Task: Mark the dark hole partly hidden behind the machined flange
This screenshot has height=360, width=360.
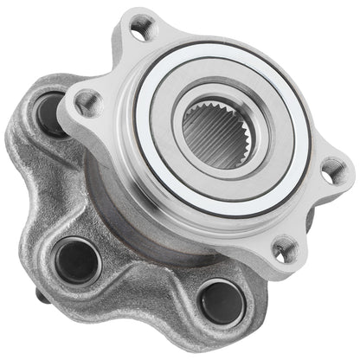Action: tap(52, 113)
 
